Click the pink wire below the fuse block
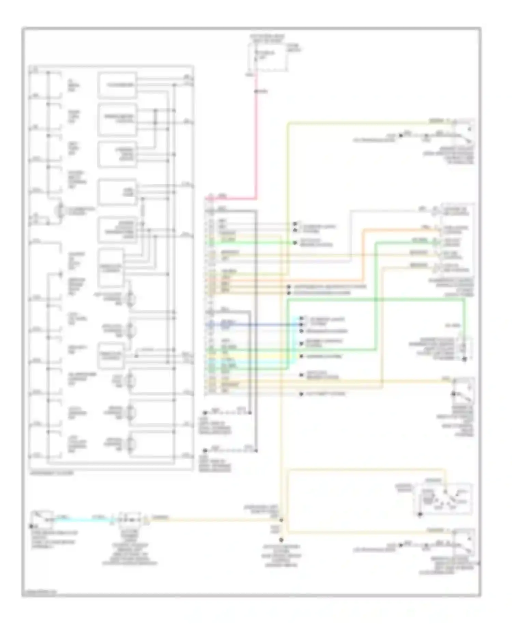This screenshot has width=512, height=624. tap(256, 137)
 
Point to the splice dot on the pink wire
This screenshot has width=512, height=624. tap(256, 91)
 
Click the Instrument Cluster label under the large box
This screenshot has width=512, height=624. tap(51, 473)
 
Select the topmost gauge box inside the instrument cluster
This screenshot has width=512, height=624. tap(117, 85)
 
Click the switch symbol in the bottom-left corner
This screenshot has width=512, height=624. tap(42, 519)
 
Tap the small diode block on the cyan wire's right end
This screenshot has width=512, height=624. tap(129, 520)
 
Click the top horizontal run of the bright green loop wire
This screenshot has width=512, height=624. tap(375, 299)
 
